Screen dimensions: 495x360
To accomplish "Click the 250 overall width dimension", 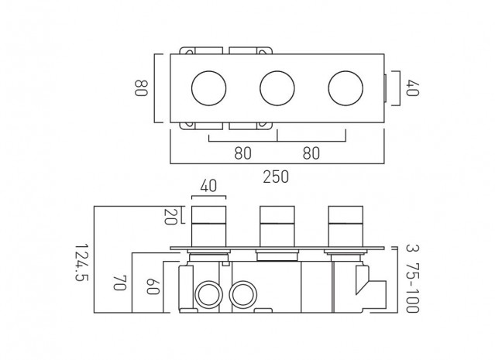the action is point(276,177).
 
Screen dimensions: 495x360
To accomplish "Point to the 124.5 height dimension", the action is point(82,262).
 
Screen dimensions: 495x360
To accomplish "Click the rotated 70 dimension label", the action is point(120,283).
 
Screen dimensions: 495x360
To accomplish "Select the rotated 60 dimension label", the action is point(153,286).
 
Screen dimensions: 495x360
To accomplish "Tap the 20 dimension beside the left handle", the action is point(170,216).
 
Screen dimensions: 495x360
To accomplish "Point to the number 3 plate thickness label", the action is point(410,248).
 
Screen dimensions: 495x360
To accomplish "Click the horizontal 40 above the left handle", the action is point(208,186).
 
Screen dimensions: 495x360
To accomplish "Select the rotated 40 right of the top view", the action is point(413,88).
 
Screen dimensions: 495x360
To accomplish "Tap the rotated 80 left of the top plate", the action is point(141,88).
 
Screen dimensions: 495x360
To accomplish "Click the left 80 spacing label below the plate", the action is point(243,153).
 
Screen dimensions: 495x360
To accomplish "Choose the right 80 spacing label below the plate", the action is point(311,153).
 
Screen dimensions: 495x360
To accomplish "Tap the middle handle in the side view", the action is point(277,226).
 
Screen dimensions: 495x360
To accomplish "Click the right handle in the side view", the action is point(345,226).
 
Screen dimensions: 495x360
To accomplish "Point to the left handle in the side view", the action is point(208,226).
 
